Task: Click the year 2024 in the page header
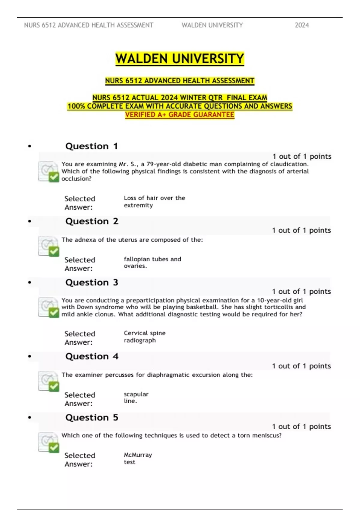click(301, 25)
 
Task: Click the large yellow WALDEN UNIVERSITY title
click(180, 59)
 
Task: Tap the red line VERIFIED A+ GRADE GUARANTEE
click(180, 115)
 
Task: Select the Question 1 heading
click(91, 146)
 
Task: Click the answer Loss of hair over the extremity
click(154, 202)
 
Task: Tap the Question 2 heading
click(92, 221)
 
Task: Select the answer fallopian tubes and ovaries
click(152, 262)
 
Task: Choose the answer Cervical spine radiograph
click(144, 337)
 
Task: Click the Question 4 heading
click(92, 356)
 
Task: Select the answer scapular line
click(136, 397)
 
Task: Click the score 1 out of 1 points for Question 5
click(301, 427)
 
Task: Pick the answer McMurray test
click(138, 458)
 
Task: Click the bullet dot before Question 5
click(29, 418)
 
